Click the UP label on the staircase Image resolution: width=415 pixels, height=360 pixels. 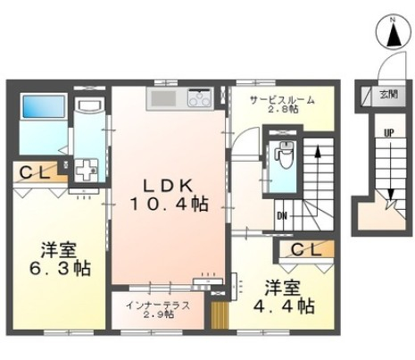coord(388,133)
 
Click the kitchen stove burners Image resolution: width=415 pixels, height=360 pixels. coord(199,98)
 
